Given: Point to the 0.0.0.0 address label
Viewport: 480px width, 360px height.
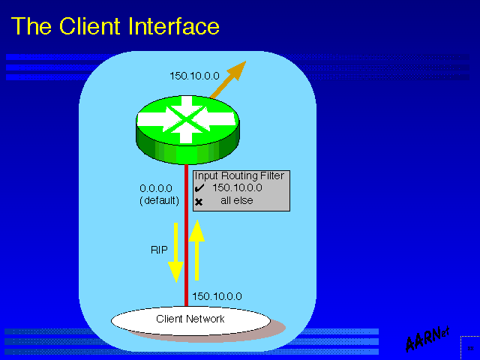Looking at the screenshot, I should click(156, 188).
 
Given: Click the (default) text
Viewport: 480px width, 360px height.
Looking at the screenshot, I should click(159, 200).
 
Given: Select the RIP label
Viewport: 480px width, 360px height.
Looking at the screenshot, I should click(159, 250).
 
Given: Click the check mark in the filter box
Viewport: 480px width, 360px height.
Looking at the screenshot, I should click(199, 188).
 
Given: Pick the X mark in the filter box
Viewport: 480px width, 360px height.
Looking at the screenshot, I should click(199, 202).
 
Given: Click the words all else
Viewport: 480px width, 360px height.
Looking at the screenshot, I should click(236, 201).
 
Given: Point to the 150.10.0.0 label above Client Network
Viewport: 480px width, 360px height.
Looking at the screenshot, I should click(217, 296).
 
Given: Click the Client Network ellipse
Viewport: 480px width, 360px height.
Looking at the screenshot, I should click(190, 319).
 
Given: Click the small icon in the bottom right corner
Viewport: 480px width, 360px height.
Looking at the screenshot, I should click(469, 349).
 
